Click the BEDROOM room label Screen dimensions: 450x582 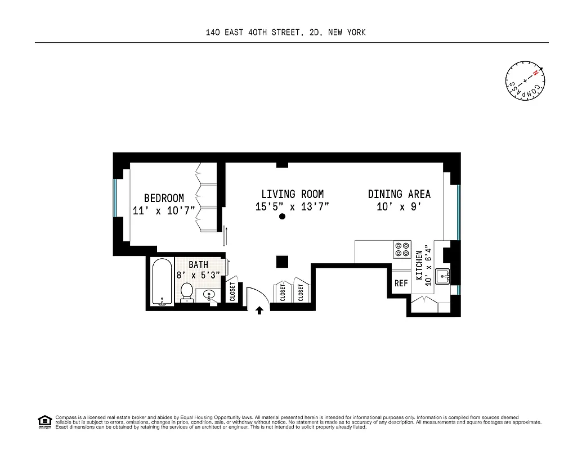(164, 198)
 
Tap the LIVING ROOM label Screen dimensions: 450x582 (292, 194)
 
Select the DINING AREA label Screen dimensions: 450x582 (399, 194)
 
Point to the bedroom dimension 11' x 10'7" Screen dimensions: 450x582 (164, 211)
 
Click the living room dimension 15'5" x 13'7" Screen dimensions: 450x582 (292, 207)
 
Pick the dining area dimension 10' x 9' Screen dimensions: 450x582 (399, 207)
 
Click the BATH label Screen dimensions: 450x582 (198, 264)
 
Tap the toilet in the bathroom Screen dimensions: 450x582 (187, 292)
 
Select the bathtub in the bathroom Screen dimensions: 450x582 (162, 282)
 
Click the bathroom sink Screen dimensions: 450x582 (209, 295)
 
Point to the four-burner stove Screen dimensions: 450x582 (402, 249)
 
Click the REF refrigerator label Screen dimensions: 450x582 (401, 283)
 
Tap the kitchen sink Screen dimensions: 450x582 (442, 277)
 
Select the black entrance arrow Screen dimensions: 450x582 (259, 310)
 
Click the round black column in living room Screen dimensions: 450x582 (282, 223)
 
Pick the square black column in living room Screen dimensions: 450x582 (282, 262)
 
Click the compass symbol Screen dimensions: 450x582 (525, 80)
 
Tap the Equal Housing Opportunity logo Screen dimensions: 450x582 (44, 421)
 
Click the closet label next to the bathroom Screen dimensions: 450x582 (232, 291)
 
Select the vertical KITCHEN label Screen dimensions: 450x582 (419, 265)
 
